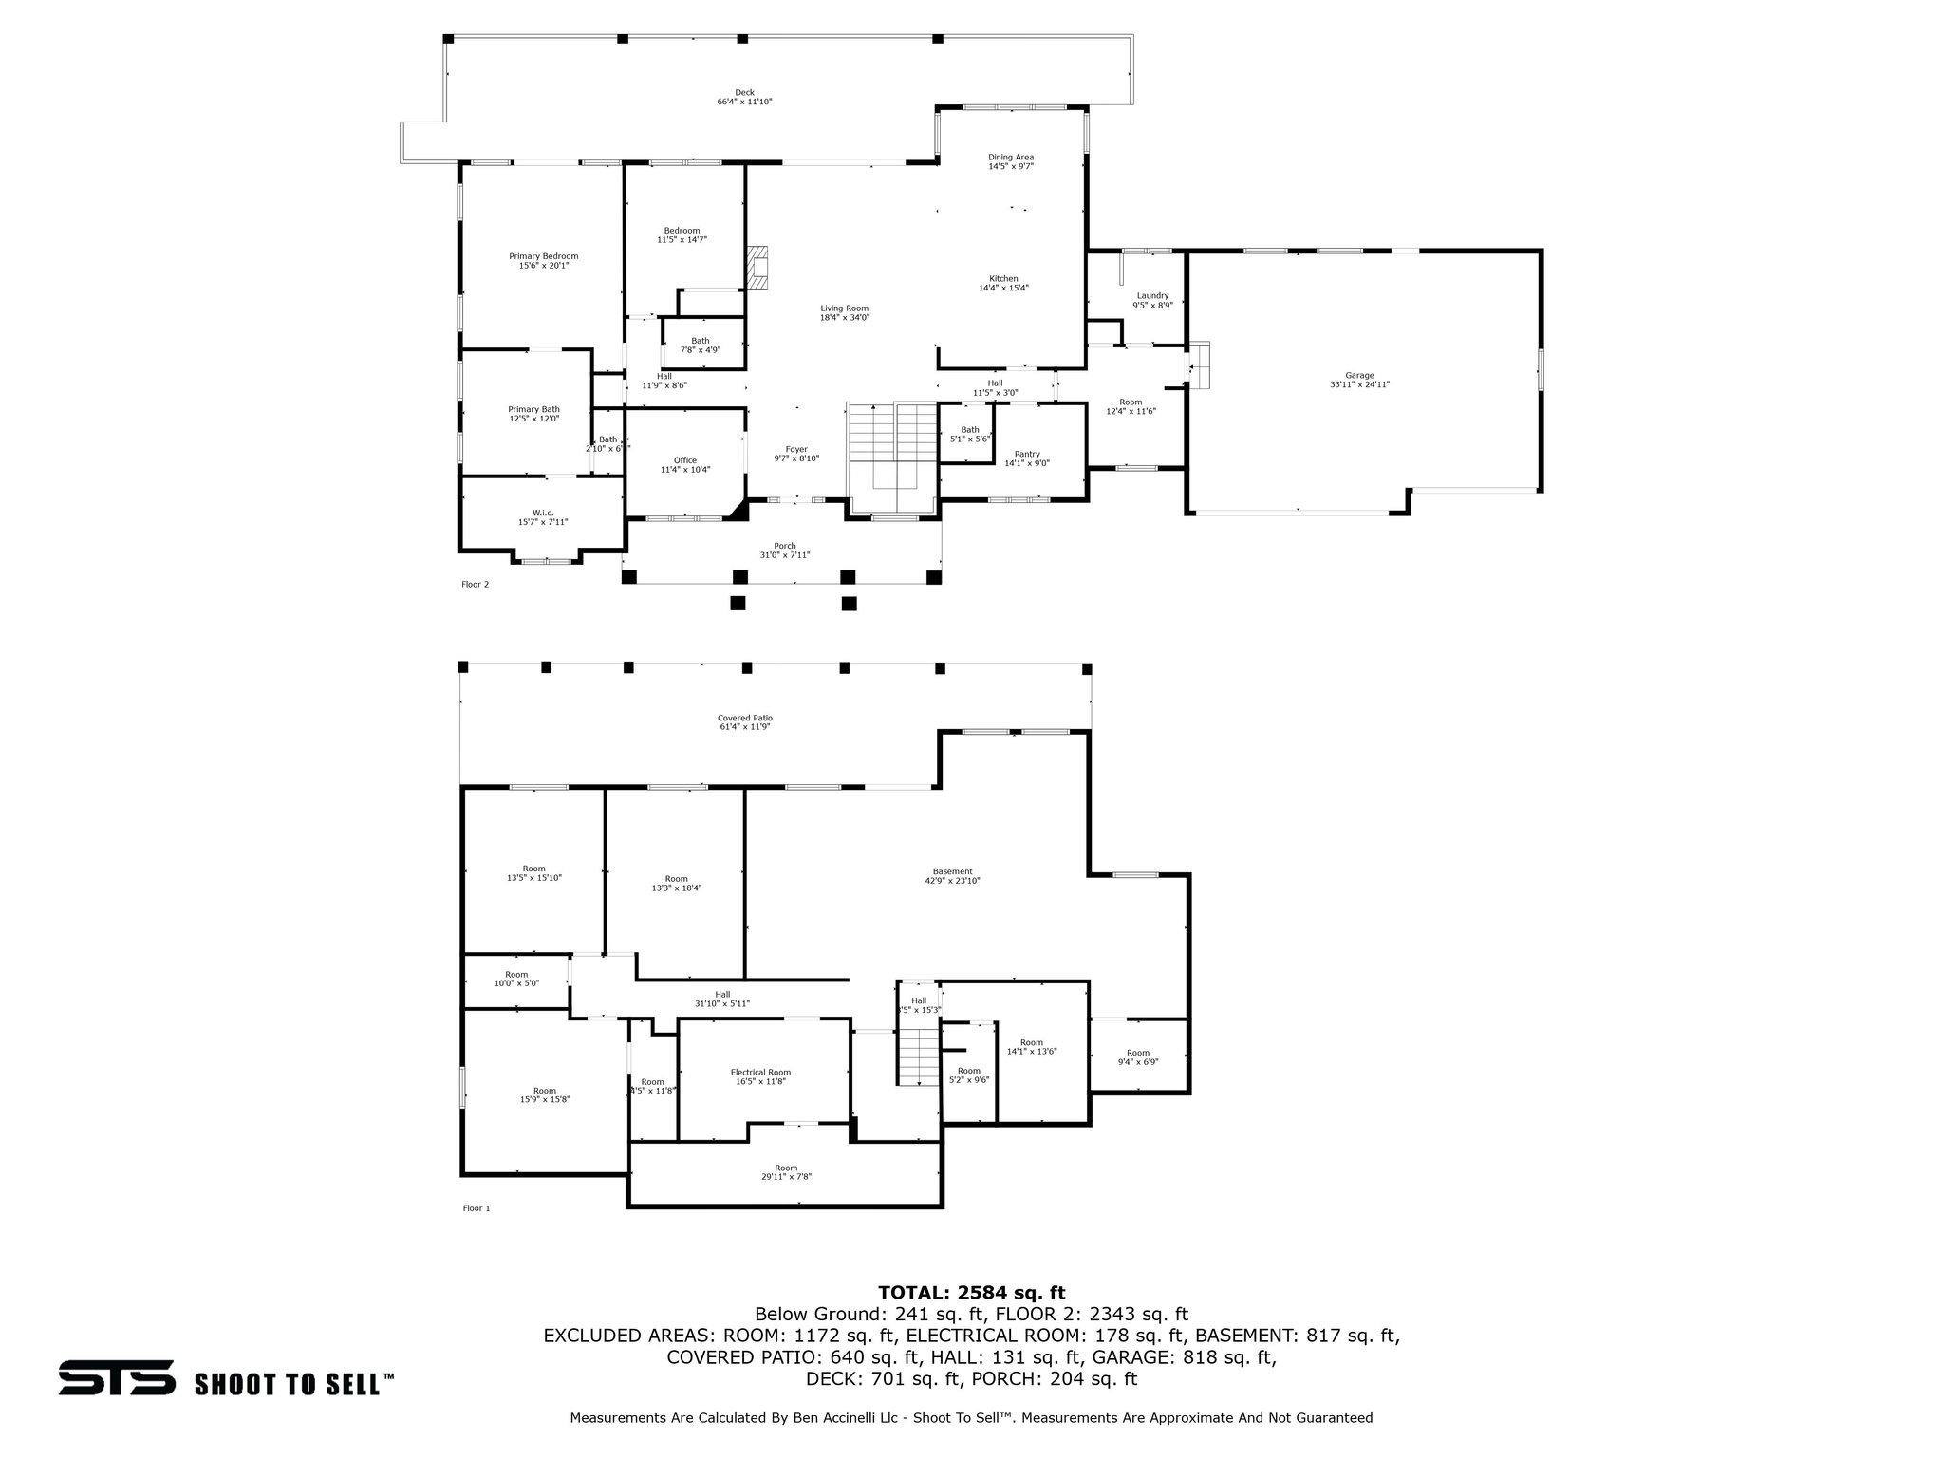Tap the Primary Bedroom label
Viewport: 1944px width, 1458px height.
(543, 256)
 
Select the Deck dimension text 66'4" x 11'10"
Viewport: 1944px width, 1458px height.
(744, 102)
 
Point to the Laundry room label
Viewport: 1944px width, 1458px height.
(1152, 295)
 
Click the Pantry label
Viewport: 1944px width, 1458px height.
(1027, 454)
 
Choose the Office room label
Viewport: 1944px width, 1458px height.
(685, 460)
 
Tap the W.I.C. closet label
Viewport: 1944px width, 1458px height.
(543, 513)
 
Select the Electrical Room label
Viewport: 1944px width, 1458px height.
(760, 1072)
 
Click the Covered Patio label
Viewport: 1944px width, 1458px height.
(745, 718)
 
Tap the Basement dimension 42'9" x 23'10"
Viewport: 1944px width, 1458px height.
(952, 881)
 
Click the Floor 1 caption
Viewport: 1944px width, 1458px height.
(476, 1208)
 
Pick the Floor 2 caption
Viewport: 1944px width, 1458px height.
(475, 584)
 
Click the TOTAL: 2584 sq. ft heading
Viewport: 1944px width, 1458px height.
(971, 1292)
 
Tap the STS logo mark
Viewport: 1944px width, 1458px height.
(117, 1377)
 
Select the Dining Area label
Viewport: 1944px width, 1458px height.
(1010, 157)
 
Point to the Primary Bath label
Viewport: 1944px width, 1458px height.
(533, 409)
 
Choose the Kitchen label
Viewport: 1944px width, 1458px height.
(1003, 278)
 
